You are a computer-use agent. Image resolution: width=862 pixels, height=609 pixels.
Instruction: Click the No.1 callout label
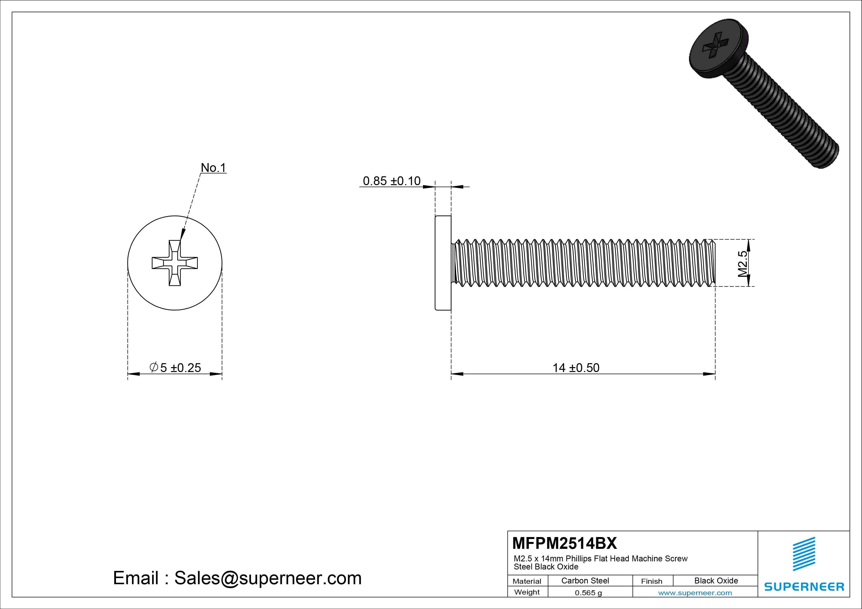click(x=213, y=168)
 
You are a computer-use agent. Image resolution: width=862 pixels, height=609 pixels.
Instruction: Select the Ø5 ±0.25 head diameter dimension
click(x=175, y=367)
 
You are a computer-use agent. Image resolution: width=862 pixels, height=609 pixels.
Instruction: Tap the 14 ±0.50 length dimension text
click(x=575, y=368)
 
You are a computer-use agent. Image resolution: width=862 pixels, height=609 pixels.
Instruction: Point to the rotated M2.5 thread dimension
click(x=742, y=263)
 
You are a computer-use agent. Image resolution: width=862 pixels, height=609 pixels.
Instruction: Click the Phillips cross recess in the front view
click(x=174, y=263)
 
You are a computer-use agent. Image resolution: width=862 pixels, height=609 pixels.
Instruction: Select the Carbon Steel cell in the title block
click(x=585, y=581)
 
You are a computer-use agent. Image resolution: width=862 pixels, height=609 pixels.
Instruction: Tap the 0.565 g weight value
click(x=588, y=593)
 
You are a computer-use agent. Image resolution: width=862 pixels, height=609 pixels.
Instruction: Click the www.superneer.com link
click(x=695, y=593)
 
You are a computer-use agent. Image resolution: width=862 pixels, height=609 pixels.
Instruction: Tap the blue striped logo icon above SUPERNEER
click(x=804, y=554)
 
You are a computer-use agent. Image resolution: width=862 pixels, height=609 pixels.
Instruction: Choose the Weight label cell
click(x=527, y=592)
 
